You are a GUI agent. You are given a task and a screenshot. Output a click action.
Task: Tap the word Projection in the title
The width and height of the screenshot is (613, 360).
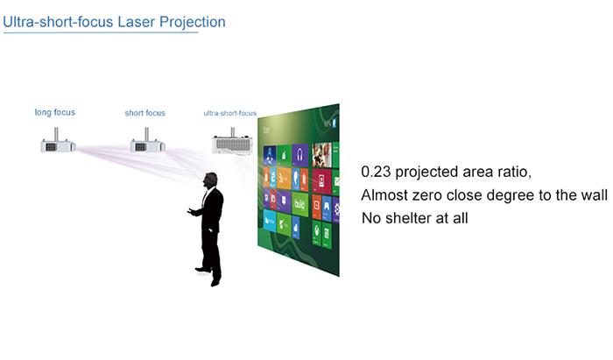[x=194, y=21]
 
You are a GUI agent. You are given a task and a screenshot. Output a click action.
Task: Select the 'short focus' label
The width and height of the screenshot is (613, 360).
[x=144, y=113]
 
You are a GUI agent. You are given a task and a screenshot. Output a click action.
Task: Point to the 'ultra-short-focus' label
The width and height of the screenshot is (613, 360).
[x=229, y=113]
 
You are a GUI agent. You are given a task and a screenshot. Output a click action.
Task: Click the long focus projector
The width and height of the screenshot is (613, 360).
[x=57, y=145]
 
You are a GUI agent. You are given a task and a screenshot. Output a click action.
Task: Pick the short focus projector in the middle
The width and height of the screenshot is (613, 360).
[x=147, y=145]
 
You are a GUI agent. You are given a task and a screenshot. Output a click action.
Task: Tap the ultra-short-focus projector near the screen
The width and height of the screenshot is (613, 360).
[x=233, y=143]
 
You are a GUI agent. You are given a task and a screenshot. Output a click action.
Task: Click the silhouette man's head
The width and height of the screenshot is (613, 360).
[x=210, y=180]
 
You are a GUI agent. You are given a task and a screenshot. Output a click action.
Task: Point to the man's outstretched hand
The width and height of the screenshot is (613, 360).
[x=190, y=211]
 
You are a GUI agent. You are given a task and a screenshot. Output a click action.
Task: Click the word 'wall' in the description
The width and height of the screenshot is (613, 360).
[x=589, y=194]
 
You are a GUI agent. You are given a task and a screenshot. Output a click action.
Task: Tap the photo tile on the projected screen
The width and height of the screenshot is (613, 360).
[x=322, y=154]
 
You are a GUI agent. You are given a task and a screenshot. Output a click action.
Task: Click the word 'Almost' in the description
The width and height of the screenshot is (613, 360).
[x=384, y=194]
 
